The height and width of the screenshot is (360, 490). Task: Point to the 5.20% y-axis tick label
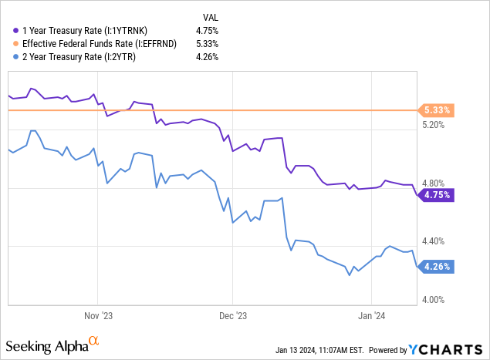[x=436, y=125]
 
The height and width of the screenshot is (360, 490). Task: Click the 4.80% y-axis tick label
[x=436, y=183]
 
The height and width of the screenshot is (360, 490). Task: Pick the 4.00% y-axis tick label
[x=436, y=300]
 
